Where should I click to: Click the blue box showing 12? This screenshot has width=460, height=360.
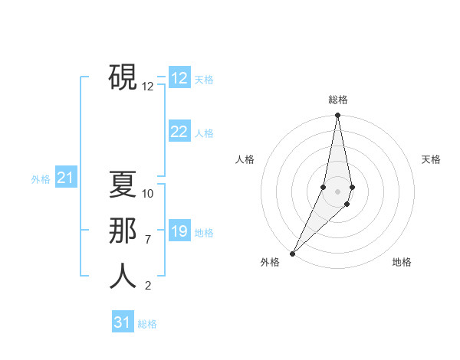coord(179,78)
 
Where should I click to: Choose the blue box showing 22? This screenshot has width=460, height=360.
coord(179,132)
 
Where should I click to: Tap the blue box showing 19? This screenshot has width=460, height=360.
coord(179,231)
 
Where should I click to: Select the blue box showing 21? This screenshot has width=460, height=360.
coord(65,178)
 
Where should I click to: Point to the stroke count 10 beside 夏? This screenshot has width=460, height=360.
coord(148,194)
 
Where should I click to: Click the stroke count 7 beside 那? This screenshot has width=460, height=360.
coord(148,240)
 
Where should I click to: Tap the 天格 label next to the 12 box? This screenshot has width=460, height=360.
coord(204,80)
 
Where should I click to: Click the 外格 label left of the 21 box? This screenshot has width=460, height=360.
coord(41,180)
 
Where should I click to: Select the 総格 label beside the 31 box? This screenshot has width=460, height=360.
coord(147,324)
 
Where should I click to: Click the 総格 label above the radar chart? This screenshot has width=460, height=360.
coord(337,100)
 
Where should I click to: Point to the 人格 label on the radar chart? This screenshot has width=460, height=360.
coord(245,159)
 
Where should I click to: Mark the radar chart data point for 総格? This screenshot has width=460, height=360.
coord(337,116)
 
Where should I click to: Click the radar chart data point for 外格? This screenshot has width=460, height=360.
coord(293,253)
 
